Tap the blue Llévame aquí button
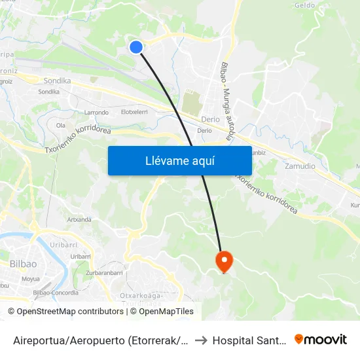[179, 160]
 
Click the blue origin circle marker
[136, 46]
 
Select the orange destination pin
[224, 261]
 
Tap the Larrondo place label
[96, 113]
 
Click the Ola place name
[61, 124]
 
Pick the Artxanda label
[79, 219]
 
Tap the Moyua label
[31, 279]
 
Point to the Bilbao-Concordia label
[56, 293]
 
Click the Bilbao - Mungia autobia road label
[226, 101]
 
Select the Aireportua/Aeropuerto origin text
[101, 340]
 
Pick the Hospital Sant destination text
[249, 340]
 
